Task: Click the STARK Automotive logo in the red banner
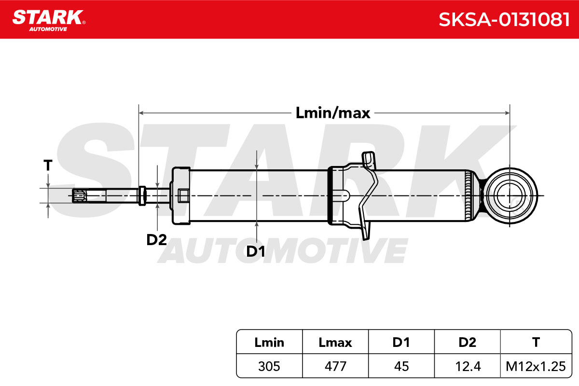[49, 20]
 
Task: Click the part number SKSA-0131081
[504, 20]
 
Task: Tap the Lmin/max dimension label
[332, 113]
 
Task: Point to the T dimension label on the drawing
[48, 165]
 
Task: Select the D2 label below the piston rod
[156, 240]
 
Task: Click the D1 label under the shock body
[255, 251]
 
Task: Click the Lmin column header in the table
[269, 342]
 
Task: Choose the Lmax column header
[335, 342]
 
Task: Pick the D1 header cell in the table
[401, 342]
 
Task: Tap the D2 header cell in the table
[468, 342]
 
